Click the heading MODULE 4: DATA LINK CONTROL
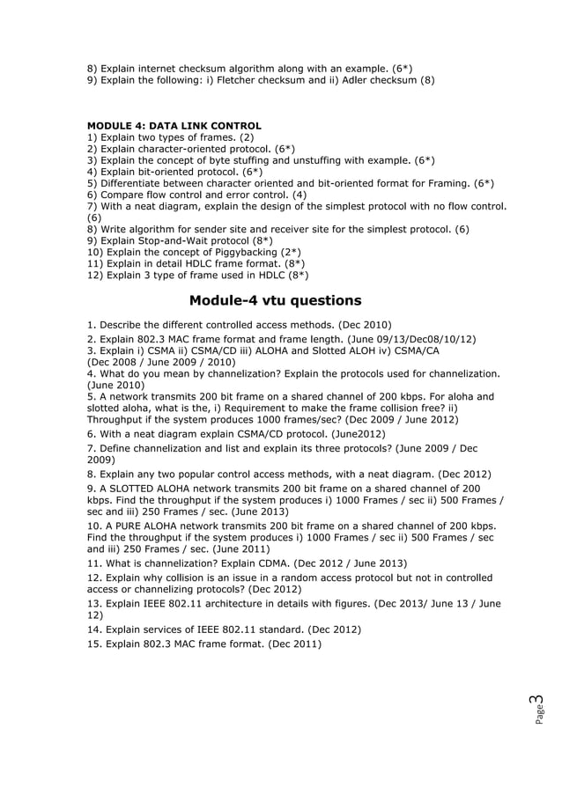[174, 126]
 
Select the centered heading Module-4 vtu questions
[275, 300]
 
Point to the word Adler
[358, 80]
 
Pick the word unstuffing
[322, 160]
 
